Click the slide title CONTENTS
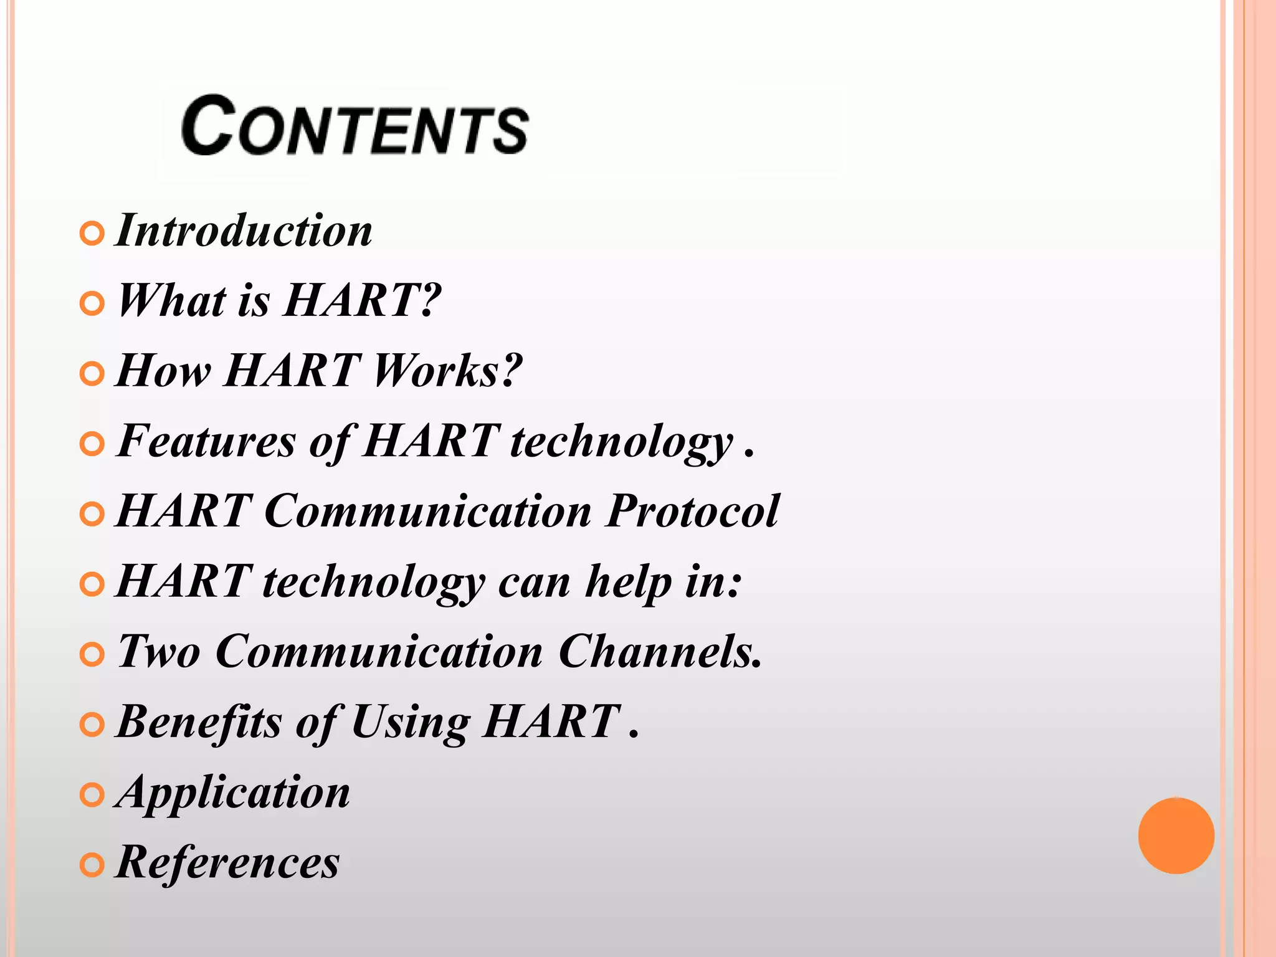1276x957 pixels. (x=355, y=126)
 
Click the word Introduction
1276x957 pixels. (x=244, y=231)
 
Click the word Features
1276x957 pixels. (x=206, y=440)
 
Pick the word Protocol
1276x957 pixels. (x=692, y=511)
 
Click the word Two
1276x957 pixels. (x=159, y=652)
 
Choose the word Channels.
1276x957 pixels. (x=660, y=652)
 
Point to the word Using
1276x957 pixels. (x=411, y=723)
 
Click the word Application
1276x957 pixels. (x=234, y=793)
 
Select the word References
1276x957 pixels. (x=228, y=862)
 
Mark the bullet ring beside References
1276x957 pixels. (x=92, y=865)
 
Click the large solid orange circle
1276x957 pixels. (x=1176, y=836)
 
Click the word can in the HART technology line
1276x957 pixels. (x=534, y=583)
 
